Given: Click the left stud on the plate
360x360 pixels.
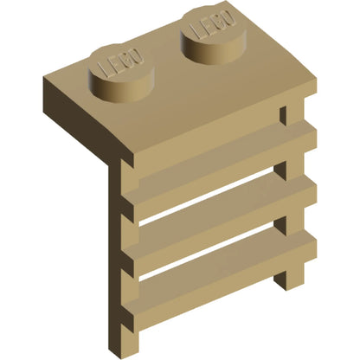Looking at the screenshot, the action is (122, 74).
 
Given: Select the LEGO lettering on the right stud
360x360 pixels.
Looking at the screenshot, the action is (212, 24).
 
